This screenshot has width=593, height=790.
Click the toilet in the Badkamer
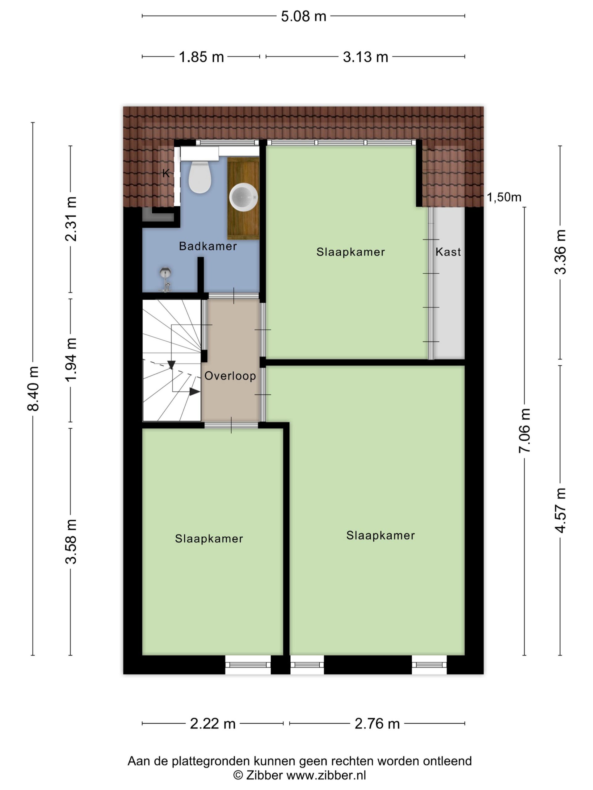(x=200, y=177)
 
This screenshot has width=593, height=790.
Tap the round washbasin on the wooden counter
(x=243, y=197)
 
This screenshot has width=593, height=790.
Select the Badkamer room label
(x=208, y=246)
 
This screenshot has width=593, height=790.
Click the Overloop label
(x=230, y=376)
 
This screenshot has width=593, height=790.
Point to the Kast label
(x=448, y=252)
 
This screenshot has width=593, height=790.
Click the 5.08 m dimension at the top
(x=304, y=16)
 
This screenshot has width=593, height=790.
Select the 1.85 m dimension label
(x=201, y=57)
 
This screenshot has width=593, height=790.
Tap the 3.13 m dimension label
(x=365, y=57)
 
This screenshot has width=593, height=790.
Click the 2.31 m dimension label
(x=71, y=219)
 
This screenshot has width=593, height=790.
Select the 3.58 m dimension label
(x=71, y=542)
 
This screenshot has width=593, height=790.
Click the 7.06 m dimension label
(x=524, y=431)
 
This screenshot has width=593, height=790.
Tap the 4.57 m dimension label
(x=560, y=510)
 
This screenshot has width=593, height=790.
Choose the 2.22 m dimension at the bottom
(x=213, y=724)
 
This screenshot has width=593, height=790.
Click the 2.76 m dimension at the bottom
(x=377, y=724)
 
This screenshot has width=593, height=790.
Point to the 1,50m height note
(x=504, y=197)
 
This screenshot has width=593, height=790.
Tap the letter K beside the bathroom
(x=166, y=173)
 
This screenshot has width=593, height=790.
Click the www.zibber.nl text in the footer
(x=326, y=775)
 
